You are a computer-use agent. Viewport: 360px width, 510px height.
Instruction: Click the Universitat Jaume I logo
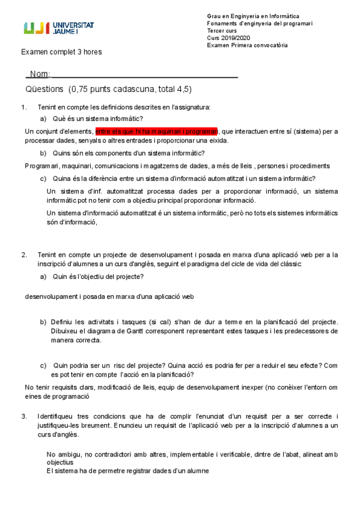click(59, 28)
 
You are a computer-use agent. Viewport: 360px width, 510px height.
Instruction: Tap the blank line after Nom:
click(144, 75)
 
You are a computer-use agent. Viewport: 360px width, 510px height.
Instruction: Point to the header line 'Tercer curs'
click(222, 31)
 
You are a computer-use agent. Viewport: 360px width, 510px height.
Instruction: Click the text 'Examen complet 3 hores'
click(61, 52)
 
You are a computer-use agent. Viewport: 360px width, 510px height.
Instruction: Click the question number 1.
click(23, 108)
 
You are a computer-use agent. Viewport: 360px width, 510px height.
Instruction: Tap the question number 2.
click(23, 255)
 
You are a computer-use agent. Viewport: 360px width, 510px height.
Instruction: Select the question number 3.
click(23, 416)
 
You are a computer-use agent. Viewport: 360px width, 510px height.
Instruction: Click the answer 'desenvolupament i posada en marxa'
click(109, 296)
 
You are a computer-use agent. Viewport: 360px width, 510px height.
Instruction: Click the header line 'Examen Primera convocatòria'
click(247, 45)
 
